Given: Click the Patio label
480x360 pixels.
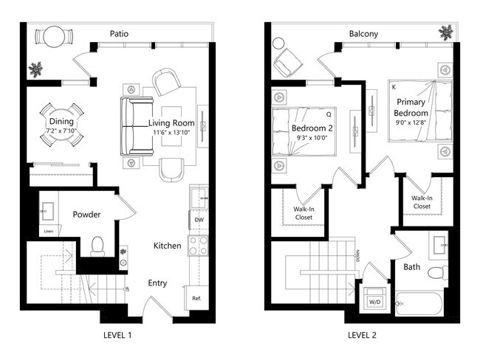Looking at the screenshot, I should [x=120, y=33].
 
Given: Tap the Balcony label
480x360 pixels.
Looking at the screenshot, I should [x=363, y=33].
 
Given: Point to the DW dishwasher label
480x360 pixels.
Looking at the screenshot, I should [x=199, y=220].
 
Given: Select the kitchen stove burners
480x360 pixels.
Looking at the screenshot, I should [x=199, y=245].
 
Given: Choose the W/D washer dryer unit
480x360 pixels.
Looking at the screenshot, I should [x=374, y=302].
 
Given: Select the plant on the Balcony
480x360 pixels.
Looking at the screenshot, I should [x=445, y=32].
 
